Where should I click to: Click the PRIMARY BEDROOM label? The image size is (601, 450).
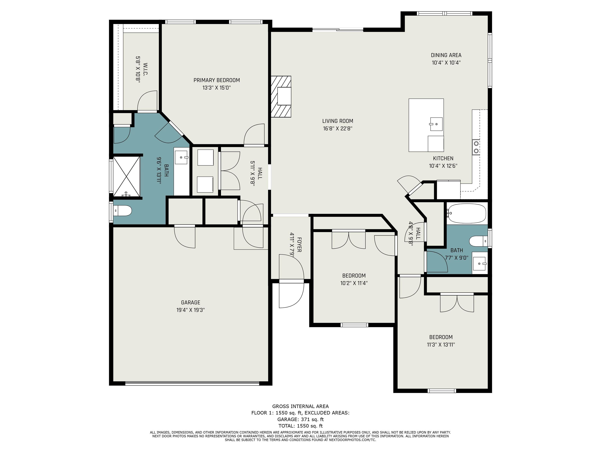217,80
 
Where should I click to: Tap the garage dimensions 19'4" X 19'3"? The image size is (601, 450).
191,310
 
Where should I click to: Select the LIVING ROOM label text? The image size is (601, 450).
338,121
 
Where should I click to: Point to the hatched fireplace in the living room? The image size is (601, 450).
281,96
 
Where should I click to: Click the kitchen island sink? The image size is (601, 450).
436,124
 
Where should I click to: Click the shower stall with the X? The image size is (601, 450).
126,176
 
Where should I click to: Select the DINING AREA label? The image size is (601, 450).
446,55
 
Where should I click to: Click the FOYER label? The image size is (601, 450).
299,245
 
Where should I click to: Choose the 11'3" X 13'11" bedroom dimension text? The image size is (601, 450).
441,345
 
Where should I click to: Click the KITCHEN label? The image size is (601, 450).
443,158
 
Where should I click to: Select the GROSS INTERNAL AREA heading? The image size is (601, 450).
300,406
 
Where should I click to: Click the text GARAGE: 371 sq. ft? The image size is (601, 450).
300,419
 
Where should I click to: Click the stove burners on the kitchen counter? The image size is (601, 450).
476,147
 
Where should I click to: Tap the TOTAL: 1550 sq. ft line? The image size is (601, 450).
300,426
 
